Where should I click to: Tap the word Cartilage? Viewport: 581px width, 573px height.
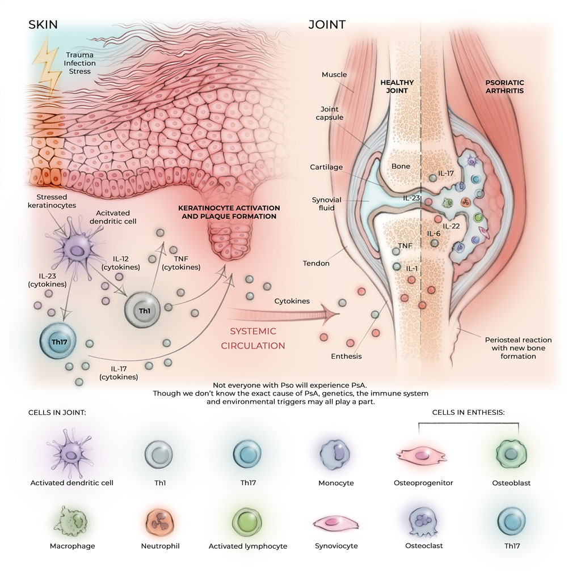(x=326, y=167)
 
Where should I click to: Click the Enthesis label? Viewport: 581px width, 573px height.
(x=346, y=356)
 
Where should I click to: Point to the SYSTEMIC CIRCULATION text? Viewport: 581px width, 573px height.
(x=257, y=338)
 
